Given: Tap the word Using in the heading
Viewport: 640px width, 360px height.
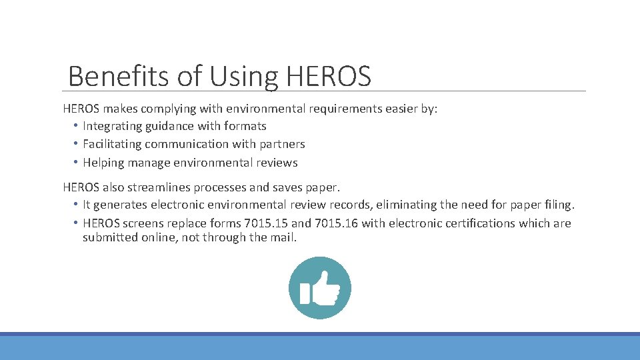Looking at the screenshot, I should pos(243,77).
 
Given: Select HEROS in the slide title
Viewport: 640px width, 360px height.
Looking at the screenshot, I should pos(328,77).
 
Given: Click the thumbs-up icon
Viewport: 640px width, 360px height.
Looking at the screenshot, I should pos(320,288).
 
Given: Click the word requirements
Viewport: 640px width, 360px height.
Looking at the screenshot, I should pos(340,109).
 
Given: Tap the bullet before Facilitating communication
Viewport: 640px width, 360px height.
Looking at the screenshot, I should pos(76,144).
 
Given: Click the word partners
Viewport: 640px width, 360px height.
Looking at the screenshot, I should pos(283,144).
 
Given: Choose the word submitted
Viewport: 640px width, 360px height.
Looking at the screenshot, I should pos(110,237).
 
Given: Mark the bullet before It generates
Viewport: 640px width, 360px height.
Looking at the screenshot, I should pos(76,205).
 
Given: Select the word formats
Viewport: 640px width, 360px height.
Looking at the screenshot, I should pos(245,126).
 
